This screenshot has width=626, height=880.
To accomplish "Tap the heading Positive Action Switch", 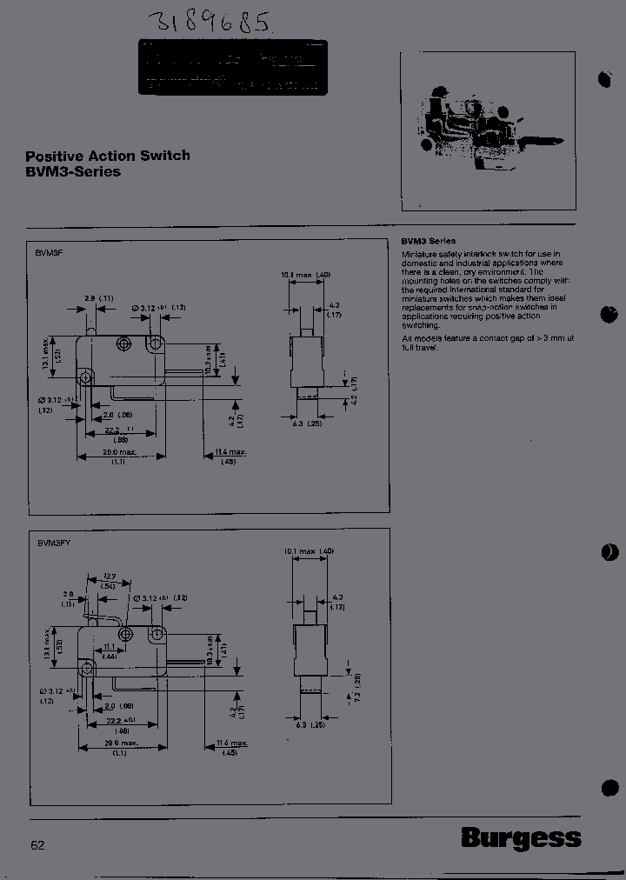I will pos(108,157).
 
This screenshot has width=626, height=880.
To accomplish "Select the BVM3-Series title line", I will pos(73,171).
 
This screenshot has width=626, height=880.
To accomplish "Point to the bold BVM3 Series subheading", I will pos(429,241).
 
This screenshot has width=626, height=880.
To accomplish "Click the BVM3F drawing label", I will pos(44,250).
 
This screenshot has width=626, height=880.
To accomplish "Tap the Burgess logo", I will pos(521,838).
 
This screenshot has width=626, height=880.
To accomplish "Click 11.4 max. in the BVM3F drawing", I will pos(231,452).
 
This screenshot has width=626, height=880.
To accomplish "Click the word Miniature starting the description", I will pos(422,253).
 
